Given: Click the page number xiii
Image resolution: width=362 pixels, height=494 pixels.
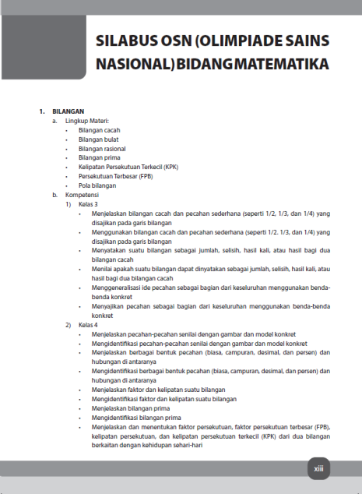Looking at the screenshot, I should (x=318, y=469).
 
